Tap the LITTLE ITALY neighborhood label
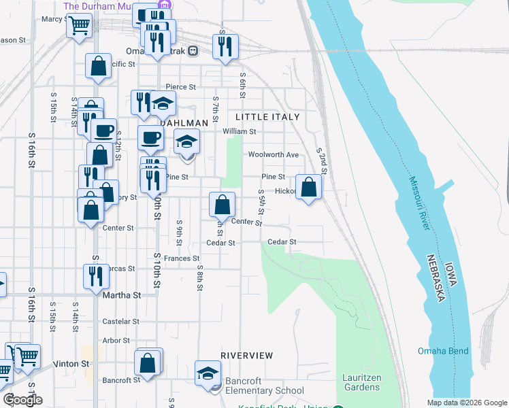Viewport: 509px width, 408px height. (267, 117)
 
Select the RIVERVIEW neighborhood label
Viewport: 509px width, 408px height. (247, 356)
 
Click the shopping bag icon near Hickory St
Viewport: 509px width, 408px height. (309, 188)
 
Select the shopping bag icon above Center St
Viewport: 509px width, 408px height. (222, 205)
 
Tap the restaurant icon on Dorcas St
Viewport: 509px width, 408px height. (95, 276)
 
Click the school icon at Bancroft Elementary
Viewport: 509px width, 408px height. (208, 373)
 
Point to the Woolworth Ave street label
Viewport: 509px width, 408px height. (274, 154)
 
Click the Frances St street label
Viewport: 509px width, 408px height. (182, 258)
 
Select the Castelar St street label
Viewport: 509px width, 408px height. (120, 321)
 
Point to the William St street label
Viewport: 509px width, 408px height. (239, 131)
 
